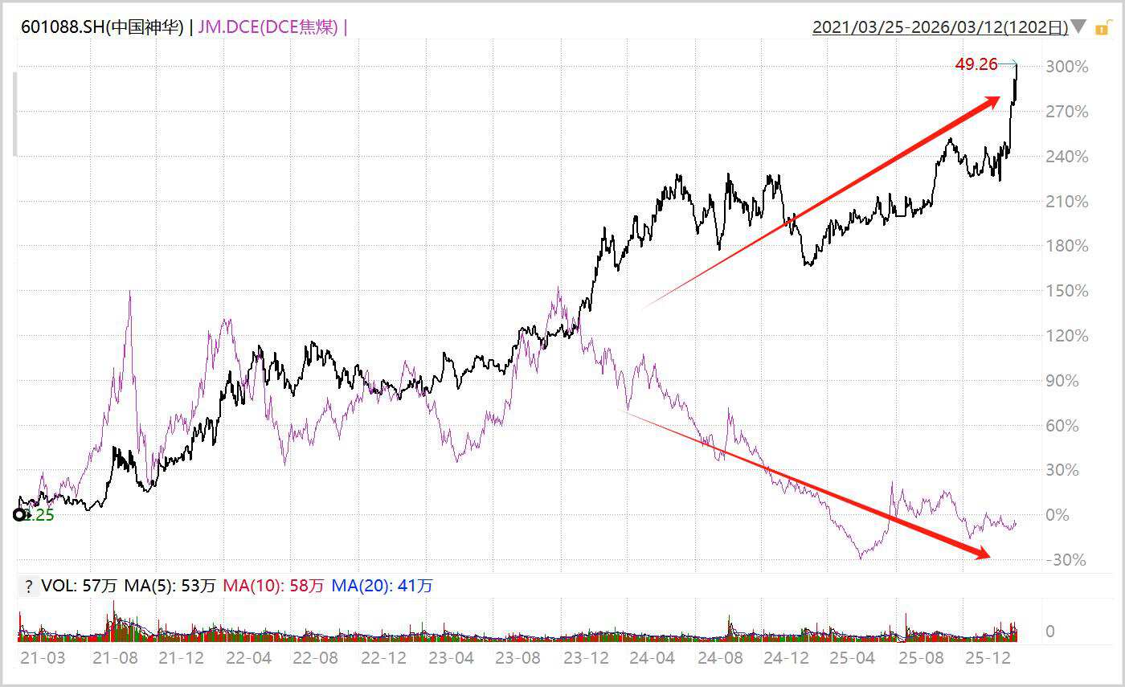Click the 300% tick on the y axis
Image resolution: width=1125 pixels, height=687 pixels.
(1066, 67)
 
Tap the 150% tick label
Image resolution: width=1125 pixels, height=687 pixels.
(1066, 291)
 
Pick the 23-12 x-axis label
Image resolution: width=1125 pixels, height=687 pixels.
(585, 658)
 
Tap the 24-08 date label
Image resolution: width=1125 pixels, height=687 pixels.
(720, 658)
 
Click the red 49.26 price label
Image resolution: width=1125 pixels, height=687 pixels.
(976, 64)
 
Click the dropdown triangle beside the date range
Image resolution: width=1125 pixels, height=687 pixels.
(1078, 27)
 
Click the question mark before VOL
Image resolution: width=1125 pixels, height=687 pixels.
(29, 587)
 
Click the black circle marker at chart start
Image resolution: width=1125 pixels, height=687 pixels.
(20, 515)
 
